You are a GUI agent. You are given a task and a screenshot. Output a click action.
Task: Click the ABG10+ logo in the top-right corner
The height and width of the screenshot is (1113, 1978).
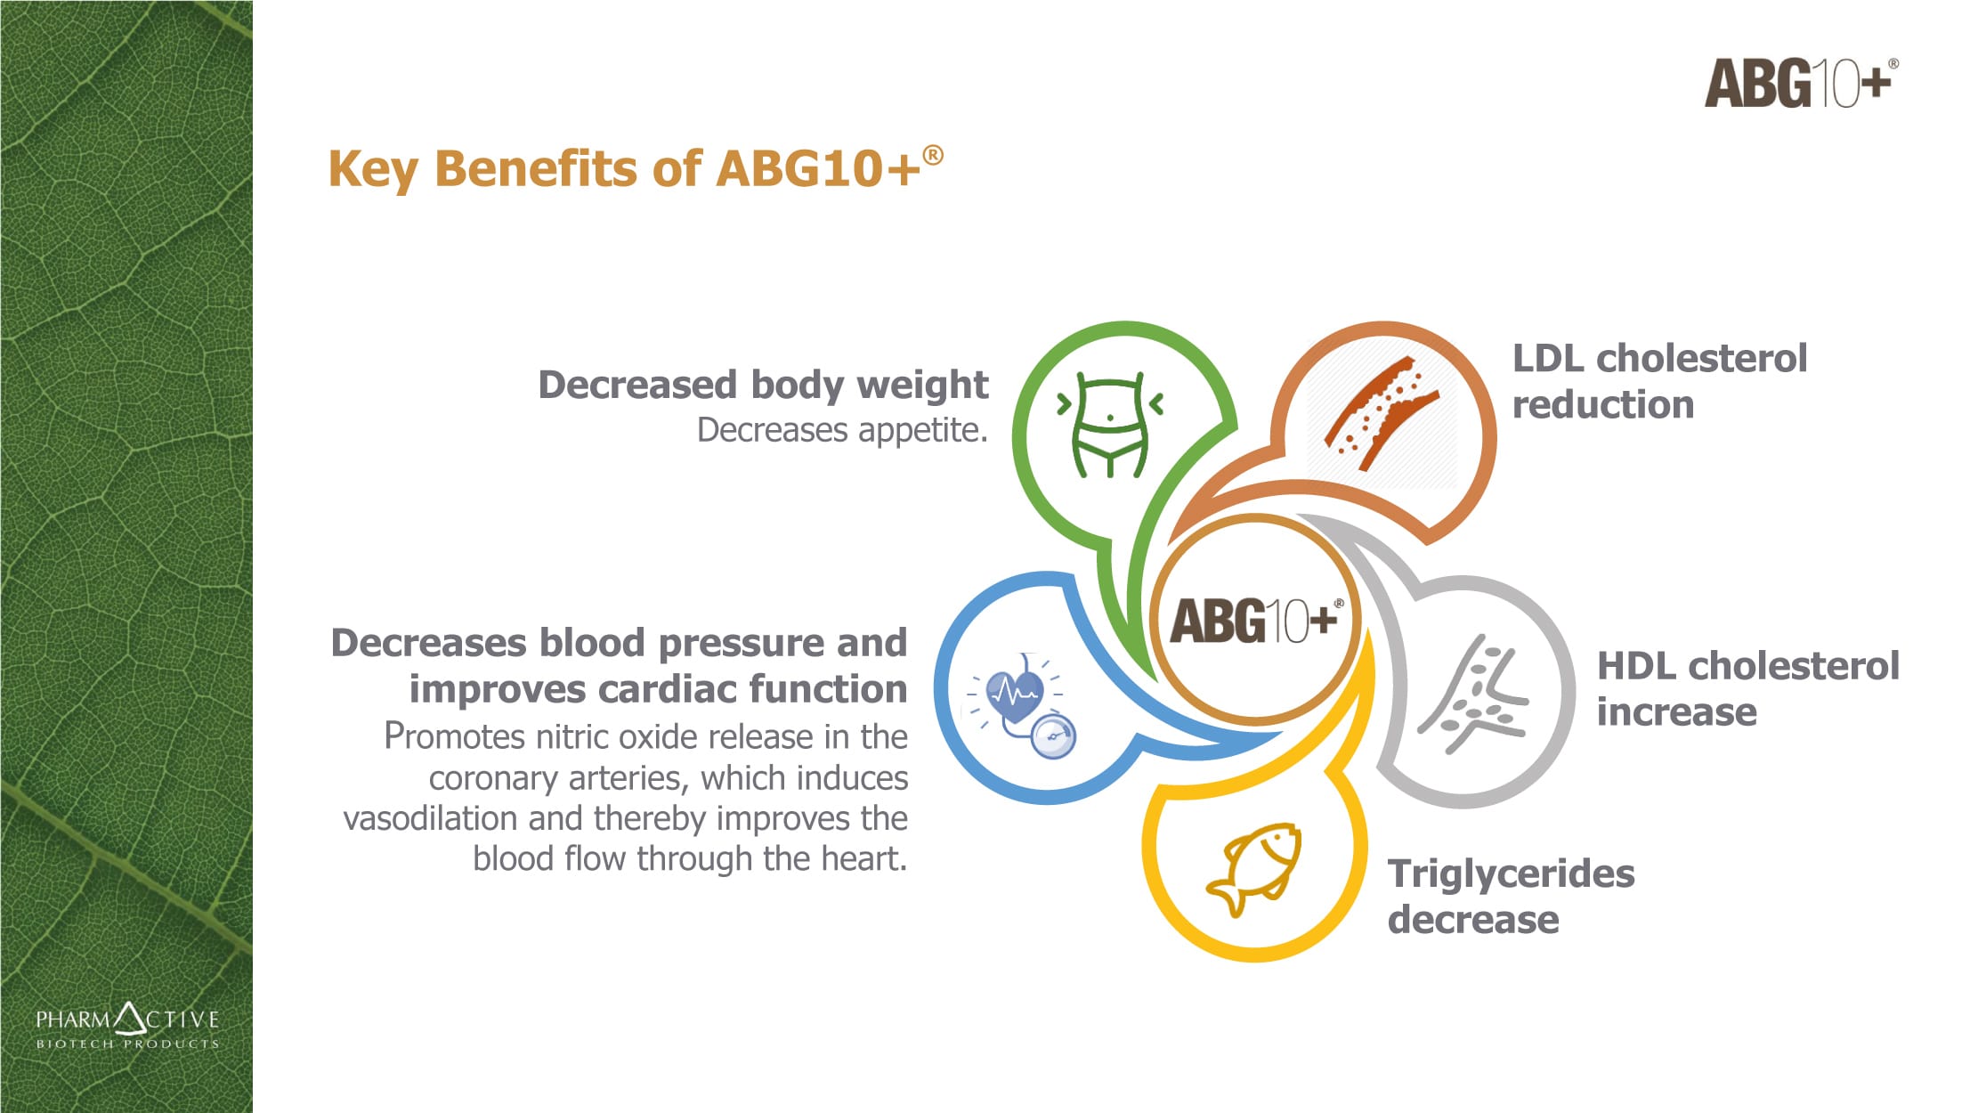(x=1801, y=83)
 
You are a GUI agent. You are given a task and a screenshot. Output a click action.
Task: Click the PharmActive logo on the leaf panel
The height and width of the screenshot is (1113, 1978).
(x=127, y=1026)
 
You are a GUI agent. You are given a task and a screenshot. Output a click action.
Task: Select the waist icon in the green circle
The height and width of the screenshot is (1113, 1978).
(x=1109, y=425)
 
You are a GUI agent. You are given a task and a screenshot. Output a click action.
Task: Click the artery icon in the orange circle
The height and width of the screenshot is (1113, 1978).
(x=1381, y=412)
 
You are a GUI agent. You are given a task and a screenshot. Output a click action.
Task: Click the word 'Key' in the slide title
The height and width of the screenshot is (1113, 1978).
(x=373, y=169)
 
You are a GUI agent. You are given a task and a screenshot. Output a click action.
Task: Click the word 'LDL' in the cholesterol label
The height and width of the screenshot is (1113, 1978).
(x=1548, y=358)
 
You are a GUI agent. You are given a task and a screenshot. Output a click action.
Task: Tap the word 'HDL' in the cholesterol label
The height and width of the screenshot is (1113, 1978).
(x=1636, y=665)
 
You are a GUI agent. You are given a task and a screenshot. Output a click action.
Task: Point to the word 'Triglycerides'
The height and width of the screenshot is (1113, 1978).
(x=1511, y=874)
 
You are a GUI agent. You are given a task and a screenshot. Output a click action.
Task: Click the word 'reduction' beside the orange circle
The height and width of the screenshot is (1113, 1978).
(x=1602, y=404)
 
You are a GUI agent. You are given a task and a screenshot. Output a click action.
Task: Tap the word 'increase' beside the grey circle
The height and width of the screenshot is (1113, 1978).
(x=1676, y=711)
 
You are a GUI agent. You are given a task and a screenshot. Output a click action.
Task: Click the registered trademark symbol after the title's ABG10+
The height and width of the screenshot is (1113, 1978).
(x=933, y=155)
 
